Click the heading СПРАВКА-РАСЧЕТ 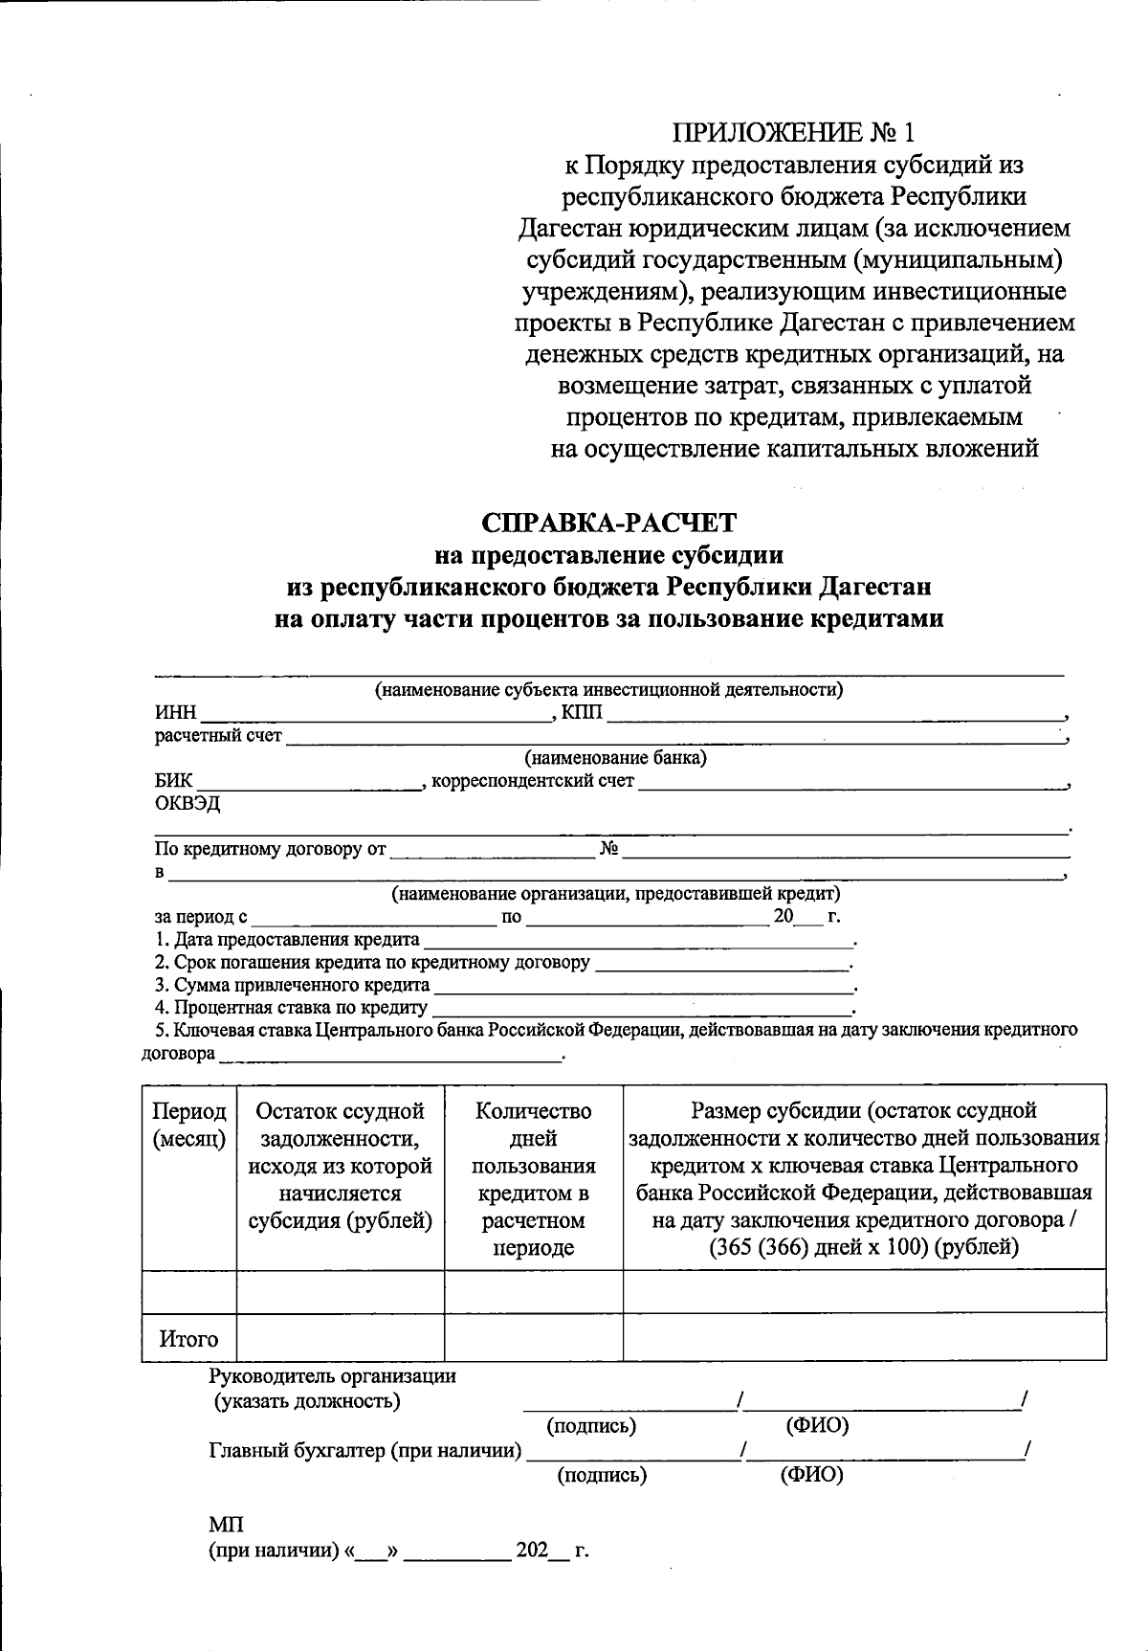click(609, 523)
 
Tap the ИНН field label click(175, 713)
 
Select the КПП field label click(582, 712)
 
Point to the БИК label click(173, 781)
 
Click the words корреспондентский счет click(533, 781)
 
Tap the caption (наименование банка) click(615, 758)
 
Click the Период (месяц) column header click(189, 1125)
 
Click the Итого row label click(189, 1339)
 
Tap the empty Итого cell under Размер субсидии click(864, 1338)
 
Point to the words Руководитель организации click(332, 1376)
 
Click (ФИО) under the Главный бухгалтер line click(812, 1475)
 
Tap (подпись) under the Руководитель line click(591, 1426)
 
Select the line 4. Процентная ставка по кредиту click(292, 1008)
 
